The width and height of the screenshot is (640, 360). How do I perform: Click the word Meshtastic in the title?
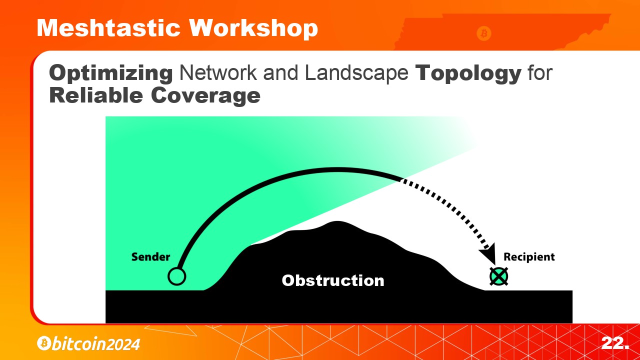click(x=108, y=28)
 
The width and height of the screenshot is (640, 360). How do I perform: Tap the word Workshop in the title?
click(x=253, y=28)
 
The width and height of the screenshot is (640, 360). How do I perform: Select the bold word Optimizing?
click(x=111, y=73)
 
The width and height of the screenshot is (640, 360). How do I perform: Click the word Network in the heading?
click(x=217, y=73)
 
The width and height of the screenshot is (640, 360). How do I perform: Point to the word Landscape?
click(x=356, y=73)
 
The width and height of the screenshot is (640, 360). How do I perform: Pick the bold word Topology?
click(x=468, y=73)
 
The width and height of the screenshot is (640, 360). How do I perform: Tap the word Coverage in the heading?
click(x=205, y=96)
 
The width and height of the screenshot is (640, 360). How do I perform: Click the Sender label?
click(x=150, y=257)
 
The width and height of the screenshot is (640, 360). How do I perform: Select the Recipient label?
click(x=529, y=257)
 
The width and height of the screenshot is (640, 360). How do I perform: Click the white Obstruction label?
click(x=333, y=280)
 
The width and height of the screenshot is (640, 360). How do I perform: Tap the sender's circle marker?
click(x=177, y=276)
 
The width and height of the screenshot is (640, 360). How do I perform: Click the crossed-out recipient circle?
click(x=499, y=276)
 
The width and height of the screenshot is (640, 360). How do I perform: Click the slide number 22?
click(x=615, y=343)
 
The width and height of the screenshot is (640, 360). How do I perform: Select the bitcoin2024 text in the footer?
click(x=95, y=343)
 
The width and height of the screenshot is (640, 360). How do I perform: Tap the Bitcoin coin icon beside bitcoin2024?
click(x=44, y=343)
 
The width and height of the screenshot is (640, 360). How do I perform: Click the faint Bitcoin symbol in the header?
click(x=483, y=33)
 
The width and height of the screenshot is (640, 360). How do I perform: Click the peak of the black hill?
click(x=337, y=221)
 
